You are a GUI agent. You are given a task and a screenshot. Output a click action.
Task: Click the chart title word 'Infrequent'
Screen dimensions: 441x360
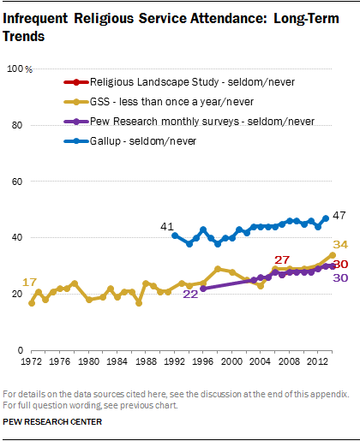point(39,13)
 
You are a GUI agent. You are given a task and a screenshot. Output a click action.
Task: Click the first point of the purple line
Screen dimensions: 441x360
point(203,289)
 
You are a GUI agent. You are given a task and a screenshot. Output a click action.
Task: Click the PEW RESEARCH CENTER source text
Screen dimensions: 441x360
point(53,421)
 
